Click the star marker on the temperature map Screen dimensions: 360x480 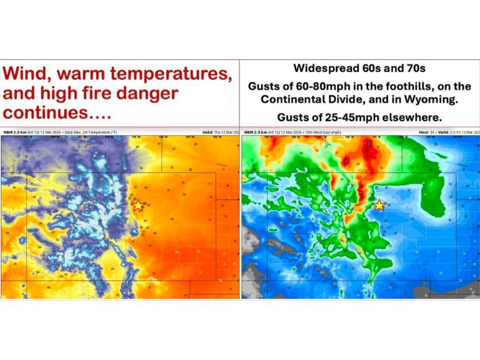pyautogui.click(x=138, y=205)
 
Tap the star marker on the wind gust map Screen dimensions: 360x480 pyautogui.click(x=379, y=205)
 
